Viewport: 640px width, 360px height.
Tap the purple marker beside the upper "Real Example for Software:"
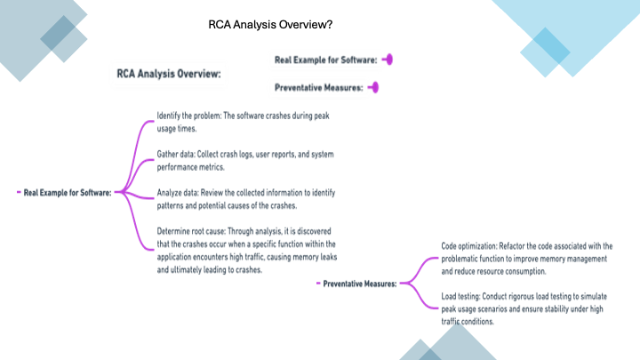[388, 60]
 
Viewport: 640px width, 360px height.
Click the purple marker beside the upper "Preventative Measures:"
[374, 87]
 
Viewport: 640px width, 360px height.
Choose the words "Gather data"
[176, 154]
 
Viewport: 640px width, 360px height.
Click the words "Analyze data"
[180, 193]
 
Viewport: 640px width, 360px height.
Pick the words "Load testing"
[460, 296]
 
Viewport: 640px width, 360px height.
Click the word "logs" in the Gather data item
[246, 154]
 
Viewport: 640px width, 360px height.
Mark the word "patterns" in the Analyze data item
[172, 205]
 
